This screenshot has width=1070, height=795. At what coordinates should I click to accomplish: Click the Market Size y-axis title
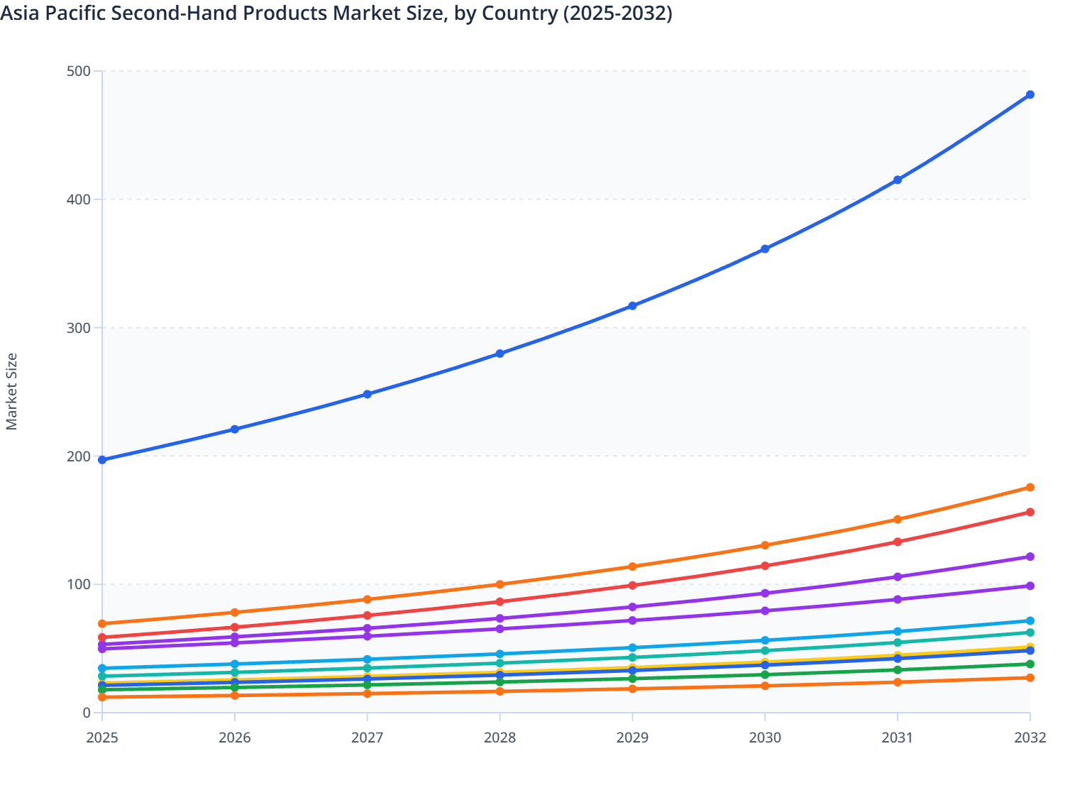(11, 391)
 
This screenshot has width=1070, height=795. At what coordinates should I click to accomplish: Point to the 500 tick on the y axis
(79, 71)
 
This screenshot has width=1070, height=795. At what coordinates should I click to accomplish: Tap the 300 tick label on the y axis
(79, 328)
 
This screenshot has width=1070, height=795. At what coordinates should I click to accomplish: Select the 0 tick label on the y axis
(87, 713)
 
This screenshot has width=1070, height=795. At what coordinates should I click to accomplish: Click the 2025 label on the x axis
(102, 738)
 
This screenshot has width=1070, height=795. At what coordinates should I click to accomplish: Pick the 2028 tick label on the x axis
(500, 738)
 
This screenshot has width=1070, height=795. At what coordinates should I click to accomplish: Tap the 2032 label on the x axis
(1030, 738)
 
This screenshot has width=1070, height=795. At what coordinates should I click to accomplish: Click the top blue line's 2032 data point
(1030, 94)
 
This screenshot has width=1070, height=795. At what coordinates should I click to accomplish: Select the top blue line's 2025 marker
(102, 460)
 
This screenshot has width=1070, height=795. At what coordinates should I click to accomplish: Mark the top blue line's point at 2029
(632, 306)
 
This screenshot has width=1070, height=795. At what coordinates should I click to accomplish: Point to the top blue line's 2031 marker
(898, 180)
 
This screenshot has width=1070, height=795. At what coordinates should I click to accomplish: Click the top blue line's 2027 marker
(368, 394)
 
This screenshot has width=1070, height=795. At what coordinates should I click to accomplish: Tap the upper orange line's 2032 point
(1030, 488)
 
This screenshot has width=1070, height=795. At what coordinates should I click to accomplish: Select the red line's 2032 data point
(1030, 512)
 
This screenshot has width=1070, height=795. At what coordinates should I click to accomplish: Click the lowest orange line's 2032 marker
(1030, 678)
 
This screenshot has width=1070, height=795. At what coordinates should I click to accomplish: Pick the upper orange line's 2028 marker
(500, 584)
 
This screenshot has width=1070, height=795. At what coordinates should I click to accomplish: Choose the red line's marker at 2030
(765, 566)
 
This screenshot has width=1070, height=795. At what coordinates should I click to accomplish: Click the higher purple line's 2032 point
(1030, 556)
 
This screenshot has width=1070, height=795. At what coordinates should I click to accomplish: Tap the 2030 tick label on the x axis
(765, 738)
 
